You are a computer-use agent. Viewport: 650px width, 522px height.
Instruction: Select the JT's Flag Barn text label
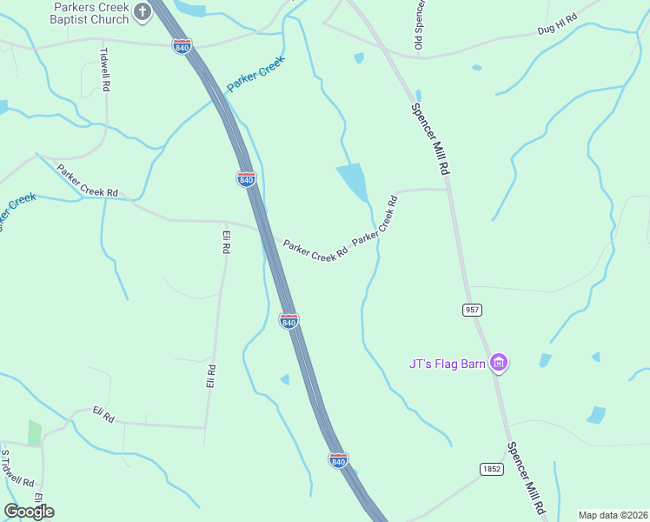pos(447,364)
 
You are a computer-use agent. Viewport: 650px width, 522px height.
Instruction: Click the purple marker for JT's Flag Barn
pos(498,363)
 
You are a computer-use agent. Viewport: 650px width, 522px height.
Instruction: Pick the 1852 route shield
pos(491,469)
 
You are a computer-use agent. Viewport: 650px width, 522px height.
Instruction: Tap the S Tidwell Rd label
pos(17,469)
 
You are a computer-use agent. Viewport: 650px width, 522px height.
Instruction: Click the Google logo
pos(29,511)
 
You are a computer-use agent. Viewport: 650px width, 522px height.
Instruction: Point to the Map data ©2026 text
pos(613,514)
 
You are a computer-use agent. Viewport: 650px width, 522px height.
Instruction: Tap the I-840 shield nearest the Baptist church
pos(182,45)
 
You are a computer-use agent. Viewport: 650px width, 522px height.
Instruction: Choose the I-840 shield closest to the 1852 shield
pos(338,458)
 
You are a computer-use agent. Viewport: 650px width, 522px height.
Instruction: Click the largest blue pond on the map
pos(352,181)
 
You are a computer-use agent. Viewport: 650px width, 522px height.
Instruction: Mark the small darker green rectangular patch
pos(34,432)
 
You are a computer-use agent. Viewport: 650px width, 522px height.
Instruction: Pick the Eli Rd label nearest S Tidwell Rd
pos(103,415)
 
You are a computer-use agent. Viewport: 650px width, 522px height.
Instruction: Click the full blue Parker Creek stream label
pos(255,74)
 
